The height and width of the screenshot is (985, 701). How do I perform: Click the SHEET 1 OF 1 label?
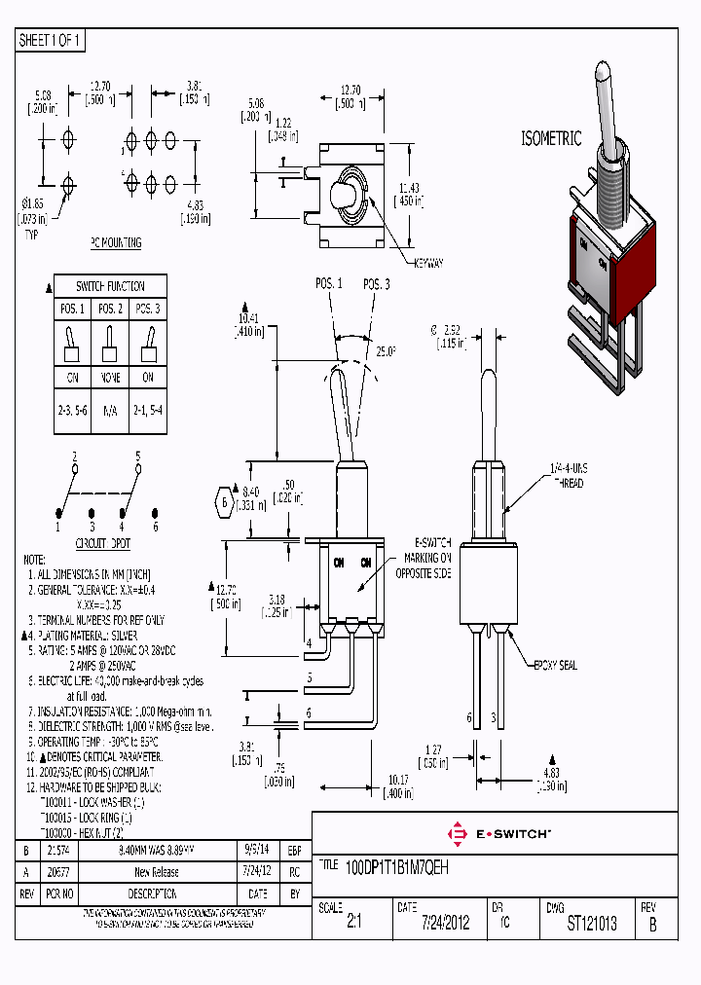(x=51, y=41)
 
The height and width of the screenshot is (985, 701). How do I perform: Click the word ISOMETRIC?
(x=552, y=139)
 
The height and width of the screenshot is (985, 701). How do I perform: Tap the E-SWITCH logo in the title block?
(x=498, y=833)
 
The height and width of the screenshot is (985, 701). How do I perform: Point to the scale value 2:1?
(x=353, y=924)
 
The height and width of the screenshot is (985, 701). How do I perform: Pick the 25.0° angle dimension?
(x=387, y=349)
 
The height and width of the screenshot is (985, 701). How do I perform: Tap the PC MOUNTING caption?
(x=116, y=243)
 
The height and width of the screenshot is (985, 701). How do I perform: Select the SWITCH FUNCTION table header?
(x=110, y=286)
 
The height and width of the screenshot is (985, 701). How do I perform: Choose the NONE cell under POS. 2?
(x=110, y=378)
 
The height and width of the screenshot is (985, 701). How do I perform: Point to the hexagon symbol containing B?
(x=225, y=503)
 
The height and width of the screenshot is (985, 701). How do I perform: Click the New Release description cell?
(x=156, y=872)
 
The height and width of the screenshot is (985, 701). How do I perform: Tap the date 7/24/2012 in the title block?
(x=445, y=924)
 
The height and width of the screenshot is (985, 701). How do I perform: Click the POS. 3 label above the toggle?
(x=377, y=283)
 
